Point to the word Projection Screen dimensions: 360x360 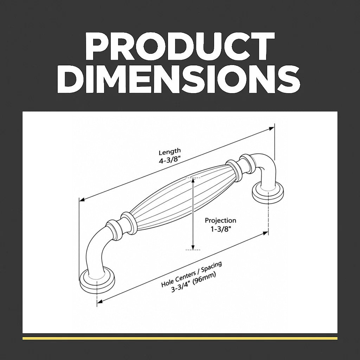220,221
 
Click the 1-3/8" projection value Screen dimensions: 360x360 221,229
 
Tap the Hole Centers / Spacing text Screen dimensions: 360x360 192,274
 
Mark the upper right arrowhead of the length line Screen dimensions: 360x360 272,128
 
